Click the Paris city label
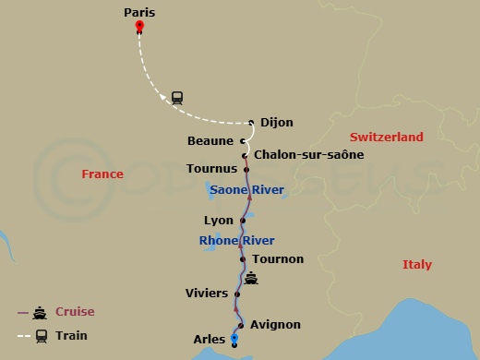coord(138,13)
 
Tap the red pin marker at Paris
coord(138,27)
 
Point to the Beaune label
coord(210,140)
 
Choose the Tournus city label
coord(212,170)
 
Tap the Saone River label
coord(246,190)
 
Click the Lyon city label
coord(218,221)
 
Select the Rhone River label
coord(236,241)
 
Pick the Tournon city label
coord(277,259)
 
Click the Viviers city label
coord(207,294)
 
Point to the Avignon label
coord(275,325)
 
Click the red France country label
coord(102,174)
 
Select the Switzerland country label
coord(386,137)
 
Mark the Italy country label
coord(416,265)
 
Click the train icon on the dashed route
coord(176,96)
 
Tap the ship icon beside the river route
coord(250,278)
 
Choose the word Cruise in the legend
coord(75,312)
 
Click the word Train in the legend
coord(71,336)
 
